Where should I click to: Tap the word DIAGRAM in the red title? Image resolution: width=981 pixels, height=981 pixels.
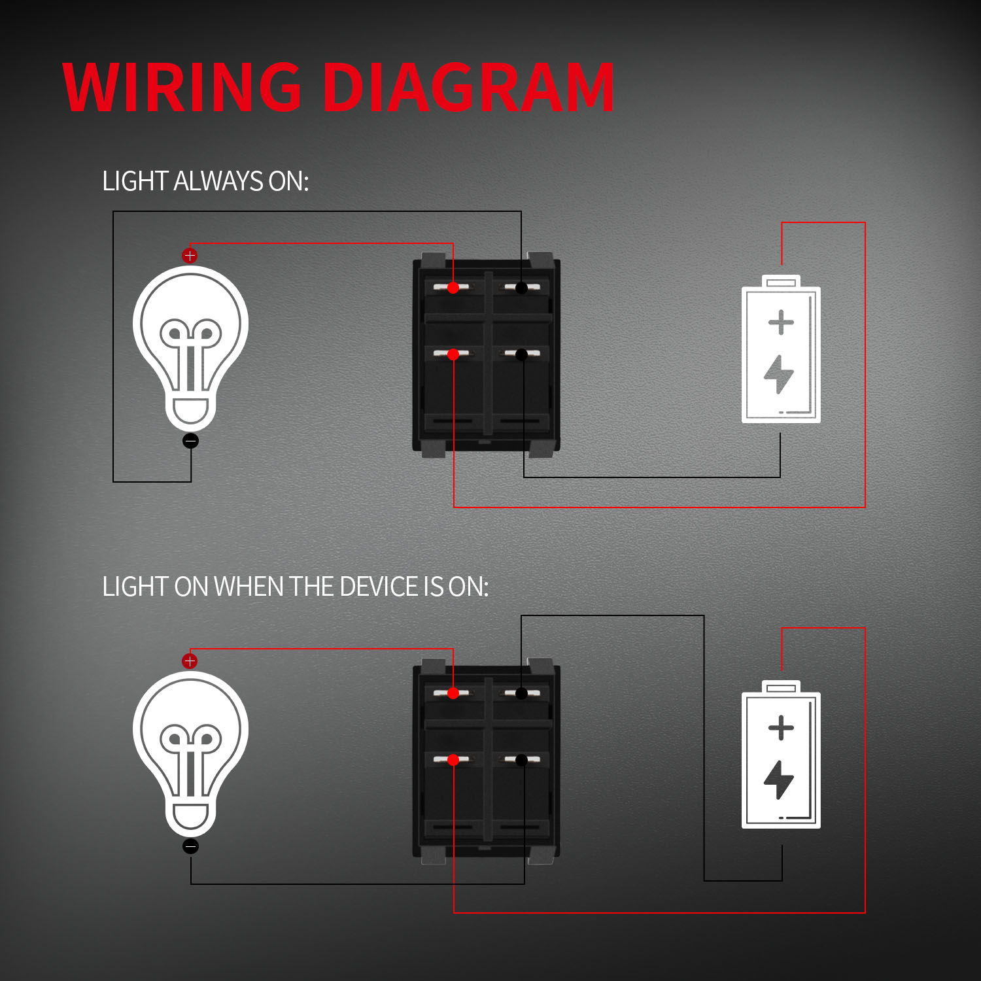(468, 88)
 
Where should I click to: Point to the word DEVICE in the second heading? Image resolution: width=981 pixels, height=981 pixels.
(378, 587)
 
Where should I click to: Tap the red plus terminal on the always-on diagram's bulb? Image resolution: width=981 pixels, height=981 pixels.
(190, 256)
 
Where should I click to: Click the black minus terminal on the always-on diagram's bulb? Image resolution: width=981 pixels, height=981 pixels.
(190, 441)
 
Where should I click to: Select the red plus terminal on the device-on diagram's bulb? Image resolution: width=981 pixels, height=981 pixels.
(190, 661)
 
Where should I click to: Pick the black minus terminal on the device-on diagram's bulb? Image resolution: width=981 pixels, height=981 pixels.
(190, 846)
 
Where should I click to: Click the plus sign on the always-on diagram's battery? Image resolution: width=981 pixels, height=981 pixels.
(781, 322)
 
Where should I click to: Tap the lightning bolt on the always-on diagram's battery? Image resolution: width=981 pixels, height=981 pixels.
(779, 374)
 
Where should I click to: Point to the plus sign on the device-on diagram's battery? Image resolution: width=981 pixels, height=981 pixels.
(781, 728)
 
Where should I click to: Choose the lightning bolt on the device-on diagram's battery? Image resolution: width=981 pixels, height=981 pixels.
(779, 780)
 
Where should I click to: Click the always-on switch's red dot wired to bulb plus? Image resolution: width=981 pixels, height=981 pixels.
(453, 287)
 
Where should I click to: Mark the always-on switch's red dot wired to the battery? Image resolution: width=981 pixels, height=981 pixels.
(453, 354)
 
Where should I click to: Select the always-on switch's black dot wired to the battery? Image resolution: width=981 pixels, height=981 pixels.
(521, 354)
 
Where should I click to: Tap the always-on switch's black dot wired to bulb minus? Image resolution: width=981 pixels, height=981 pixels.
(521, 287)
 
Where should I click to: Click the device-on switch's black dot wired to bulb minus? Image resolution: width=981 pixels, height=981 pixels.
(521, 760)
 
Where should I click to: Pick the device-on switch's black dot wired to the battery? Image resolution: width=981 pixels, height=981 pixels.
(521, 693)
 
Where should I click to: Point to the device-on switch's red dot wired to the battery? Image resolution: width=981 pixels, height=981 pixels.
(453, 760)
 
